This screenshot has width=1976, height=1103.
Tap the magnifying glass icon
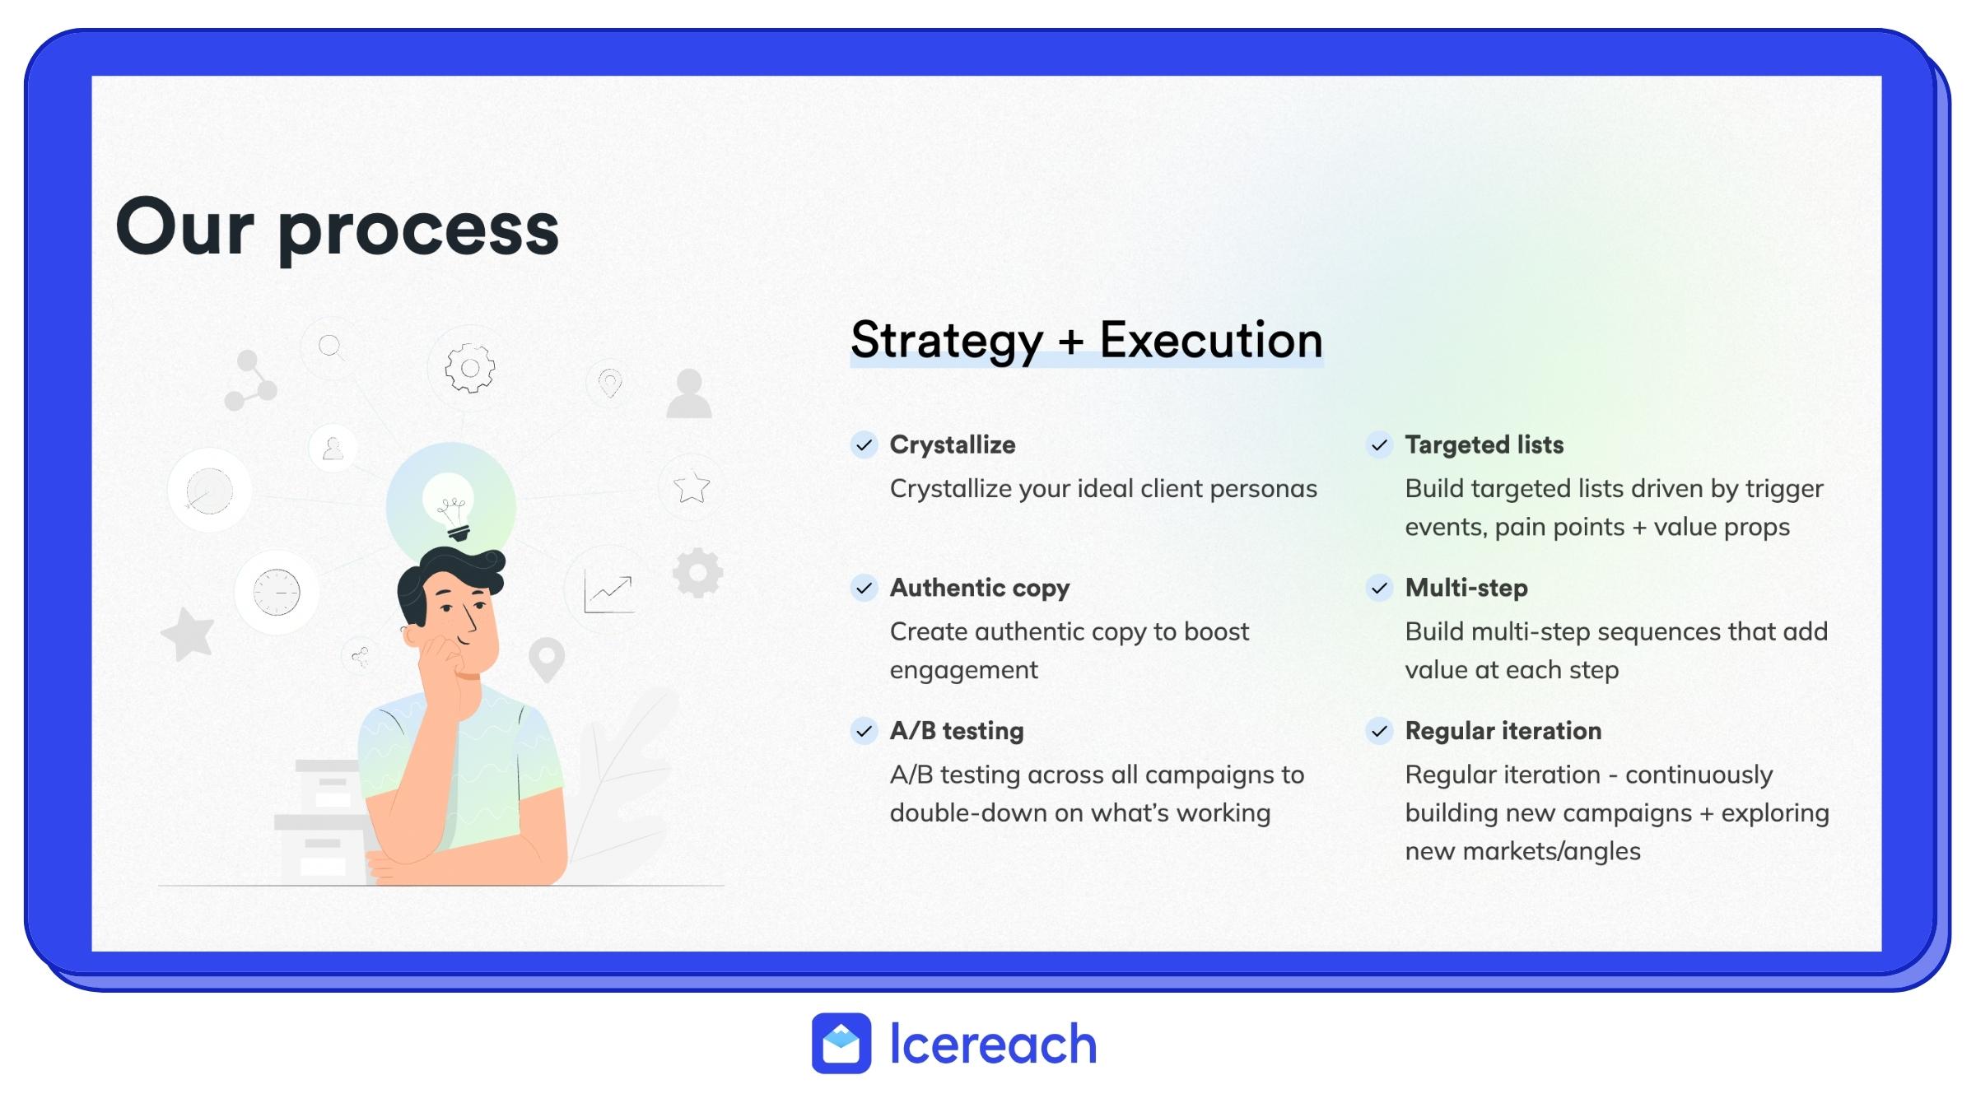tap(331, 347)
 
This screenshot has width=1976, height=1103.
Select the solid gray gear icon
tap(697, 573)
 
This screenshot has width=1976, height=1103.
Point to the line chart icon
tap(608, 593)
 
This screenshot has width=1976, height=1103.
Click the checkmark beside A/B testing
tap(864, 731)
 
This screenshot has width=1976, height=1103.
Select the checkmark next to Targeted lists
tap(1379, 445)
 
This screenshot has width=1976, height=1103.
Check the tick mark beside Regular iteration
tap(1379, 731)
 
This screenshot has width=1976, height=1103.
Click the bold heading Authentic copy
tap(980, 589)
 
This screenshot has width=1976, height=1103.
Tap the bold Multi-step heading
tap(1466, 588)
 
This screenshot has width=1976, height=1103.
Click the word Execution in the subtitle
tap(1211, 340)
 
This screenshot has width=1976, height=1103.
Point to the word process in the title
tap(419, 231)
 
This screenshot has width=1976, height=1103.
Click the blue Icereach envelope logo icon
tap(841, 1043)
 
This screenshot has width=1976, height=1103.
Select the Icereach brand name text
tap(994, 1044)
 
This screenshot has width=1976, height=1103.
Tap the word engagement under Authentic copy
tap(964, 671)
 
